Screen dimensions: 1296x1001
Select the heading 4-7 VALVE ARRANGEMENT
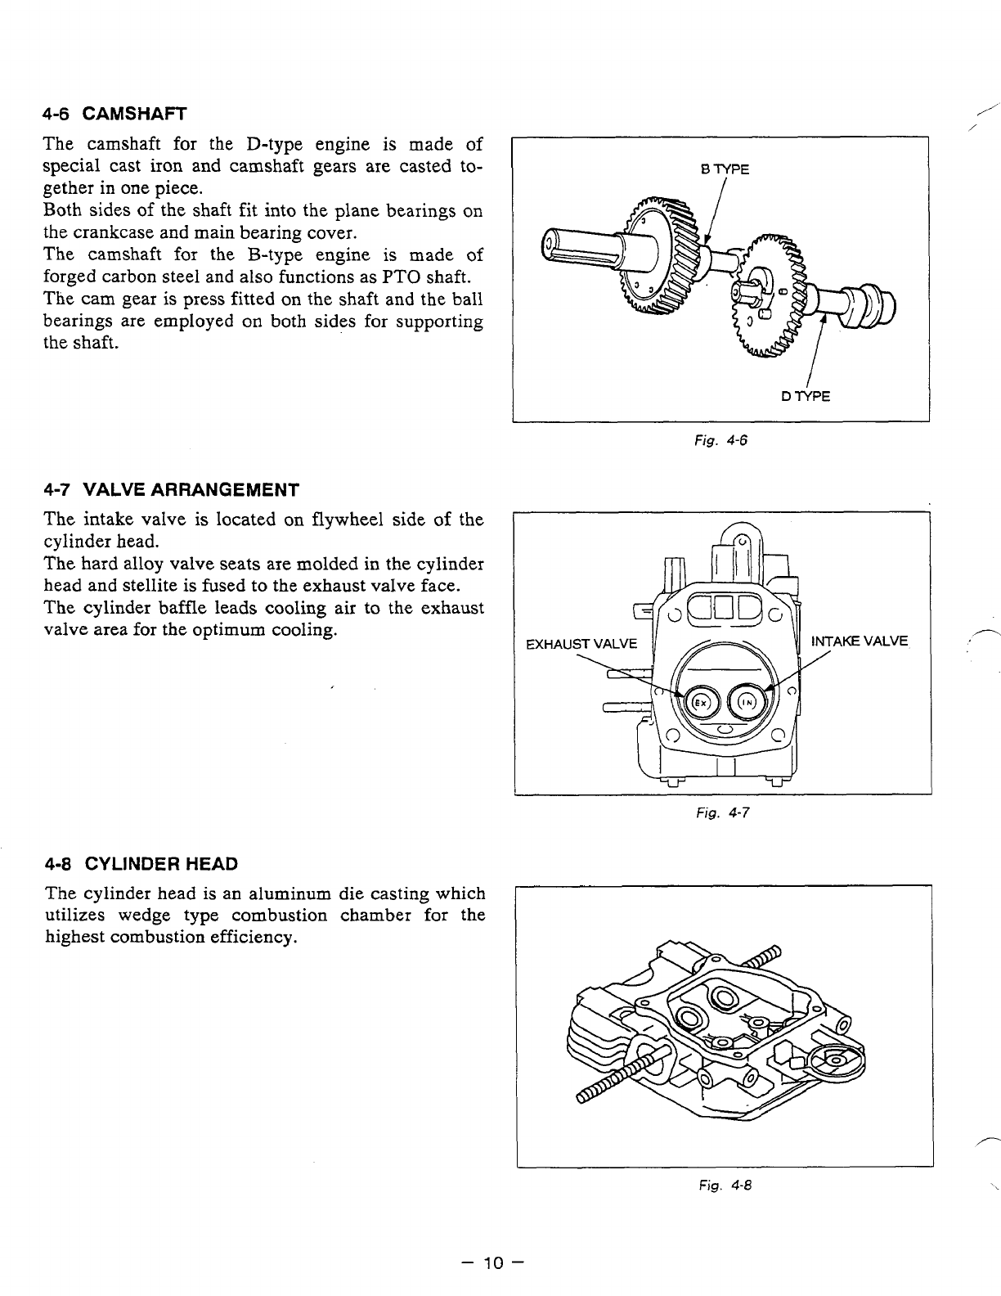(173, 490)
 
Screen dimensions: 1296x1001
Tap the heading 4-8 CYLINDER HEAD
(141, 864)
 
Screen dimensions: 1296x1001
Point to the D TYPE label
(806, 397)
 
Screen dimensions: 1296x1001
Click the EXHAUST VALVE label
(581, 643)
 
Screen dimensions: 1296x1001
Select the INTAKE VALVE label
(859, 641)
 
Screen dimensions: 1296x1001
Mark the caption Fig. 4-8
(724, 1185)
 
